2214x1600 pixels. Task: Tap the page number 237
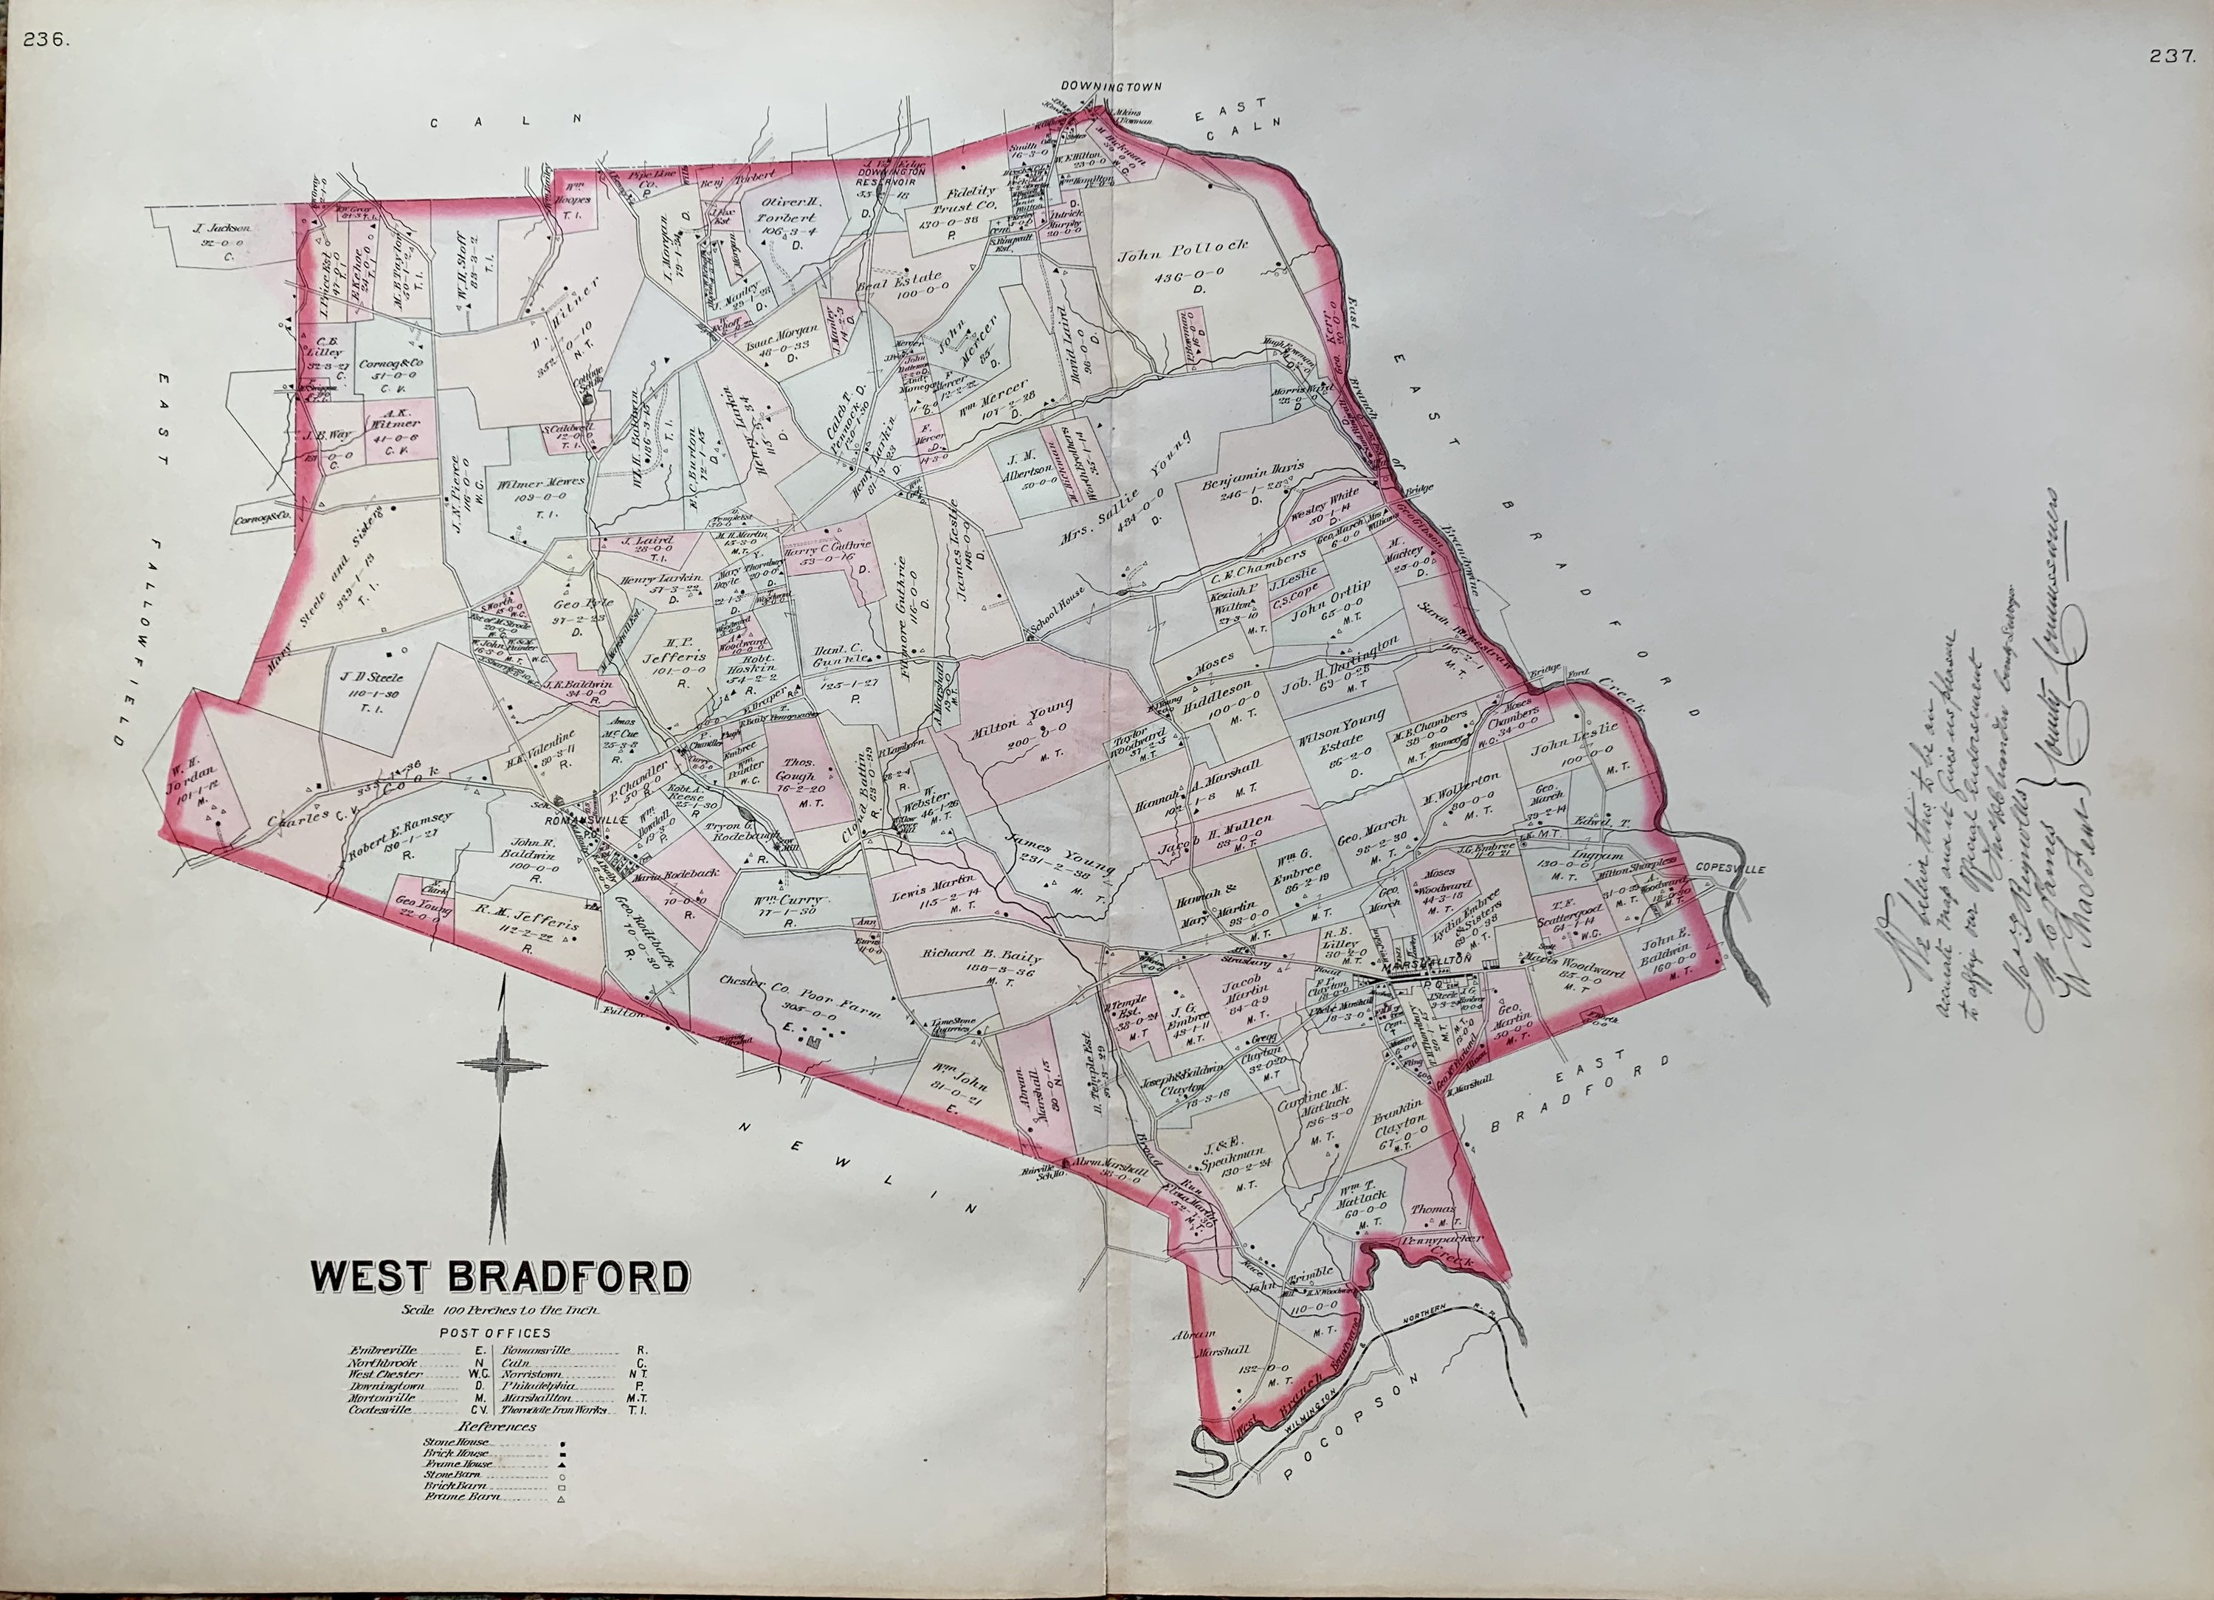coord(2171,57)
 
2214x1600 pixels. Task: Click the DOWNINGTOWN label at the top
coord(1113,86)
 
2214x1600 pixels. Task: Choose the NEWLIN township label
coord(859,1167)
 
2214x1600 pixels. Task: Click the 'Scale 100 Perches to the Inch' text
coord(499,1310)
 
